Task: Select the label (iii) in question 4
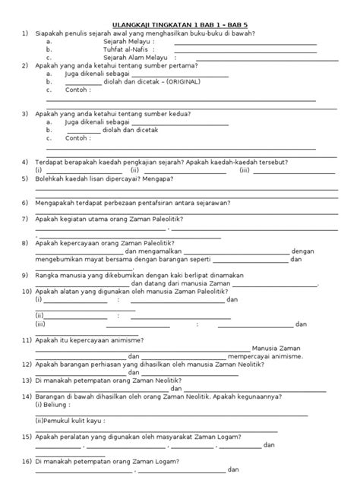(x=245, y=171)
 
